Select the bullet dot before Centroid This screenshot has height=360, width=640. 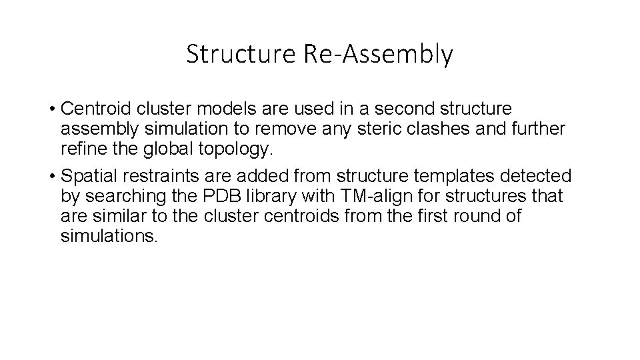[51, 109]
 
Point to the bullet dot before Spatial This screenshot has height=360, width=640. [51, 177]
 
